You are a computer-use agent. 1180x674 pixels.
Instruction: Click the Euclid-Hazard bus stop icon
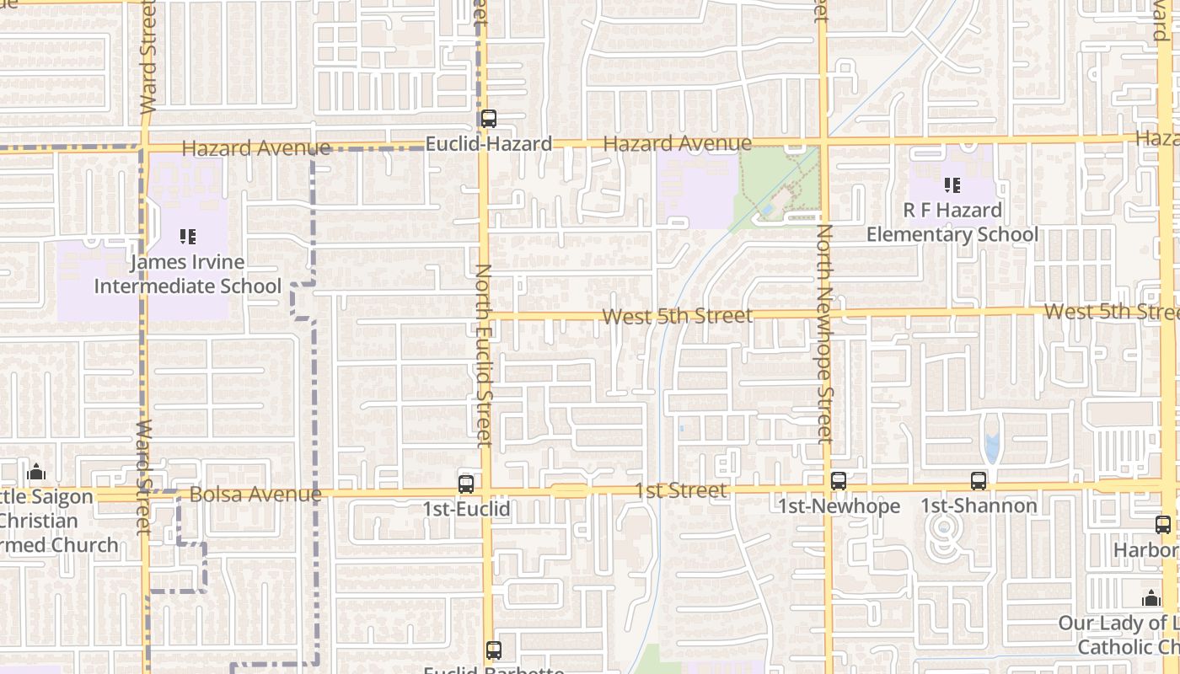coord(488,119)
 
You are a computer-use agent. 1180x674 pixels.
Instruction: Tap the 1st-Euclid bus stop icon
coord(466,484)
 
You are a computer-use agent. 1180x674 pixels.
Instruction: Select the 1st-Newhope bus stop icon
coord(838,481)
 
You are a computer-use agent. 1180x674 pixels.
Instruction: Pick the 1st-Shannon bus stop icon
coord(978,481)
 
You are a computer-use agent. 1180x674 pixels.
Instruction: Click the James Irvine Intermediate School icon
coord(188,238)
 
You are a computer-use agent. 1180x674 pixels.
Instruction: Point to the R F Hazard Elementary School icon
coord(952,185)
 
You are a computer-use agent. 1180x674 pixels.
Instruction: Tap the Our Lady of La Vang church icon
coord(1150,599)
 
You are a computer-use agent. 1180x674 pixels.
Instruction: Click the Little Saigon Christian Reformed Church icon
coord(36,472)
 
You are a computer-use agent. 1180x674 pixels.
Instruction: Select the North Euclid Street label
coord(484,355)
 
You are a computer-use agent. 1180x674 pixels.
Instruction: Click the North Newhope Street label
coord(825,334)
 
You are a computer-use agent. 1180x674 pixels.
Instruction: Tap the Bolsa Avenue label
coord(255,495)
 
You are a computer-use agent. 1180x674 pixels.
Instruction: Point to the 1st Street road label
coord(680,490)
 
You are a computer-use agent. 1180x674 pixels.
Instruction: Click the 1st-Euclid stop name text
coord(466,509)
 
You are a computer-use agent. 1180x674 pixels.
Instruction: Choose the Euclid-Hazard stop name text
coord(489,144)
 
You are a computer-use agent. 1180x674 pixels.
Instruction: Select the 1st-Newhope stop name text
coord(839,505)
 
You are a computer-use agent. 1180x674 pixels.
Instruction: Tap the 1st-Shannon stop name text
coord(979,505)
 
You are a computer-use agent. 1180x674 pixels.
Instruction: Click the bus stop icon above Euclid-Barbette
coord(494,650)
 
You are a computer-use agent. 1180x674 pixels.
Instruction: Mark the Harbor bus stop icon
coord(1163,525)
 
